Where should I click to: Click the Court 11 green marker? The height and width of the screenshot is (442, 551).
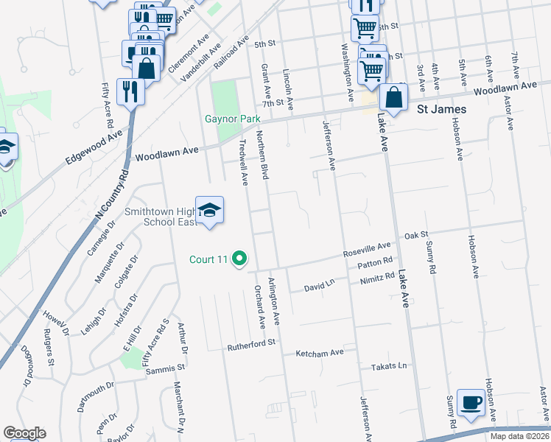tap(239, 259)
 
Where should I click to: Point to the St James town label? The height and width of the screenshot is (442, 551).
tap(442, 110)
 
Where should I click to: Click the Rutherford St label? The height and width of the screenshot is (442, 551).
tap(251, 343)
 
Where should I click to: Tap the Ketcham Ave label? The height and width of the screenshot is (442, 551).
tap(320, 353)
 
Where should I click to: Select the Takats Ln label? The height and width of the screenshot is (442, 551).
tap(389, 366)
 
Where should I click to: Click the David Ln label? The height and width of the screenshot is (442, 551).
tap(320, 283)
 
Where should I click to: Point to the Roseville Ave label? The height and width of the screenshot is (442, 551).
tap(366, 250)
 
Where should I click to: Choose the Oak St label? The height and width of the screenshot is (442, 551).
tap(416, 236)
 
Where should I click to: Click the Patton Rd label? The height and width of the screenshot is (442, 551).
tap(375, 263)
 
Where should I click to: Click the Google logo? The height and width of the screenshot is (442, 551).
tap(24, 433)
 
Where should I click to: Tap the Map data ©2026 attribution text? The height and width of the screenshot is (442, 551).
tap(519, 436)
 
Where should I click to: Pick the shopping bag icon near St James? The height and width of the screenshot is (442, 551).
tap(395, 98)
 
